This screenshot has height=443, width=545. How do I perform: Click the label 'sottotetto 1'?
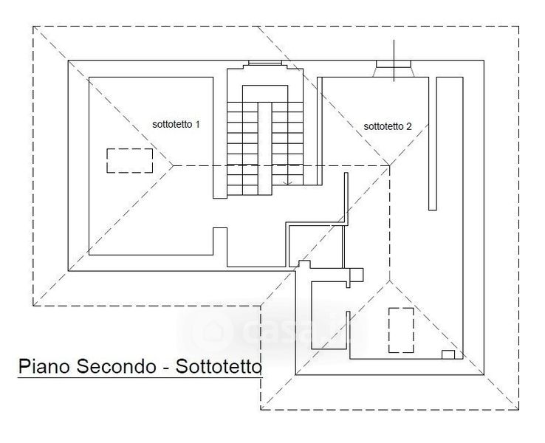176,125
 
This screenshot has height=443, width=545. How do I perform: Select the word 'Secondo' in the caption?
118,366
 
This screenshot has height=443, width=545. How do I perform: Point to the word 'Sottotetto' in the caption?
219,366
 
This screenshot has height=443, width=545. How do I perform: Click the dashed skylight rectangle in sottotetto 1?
130,160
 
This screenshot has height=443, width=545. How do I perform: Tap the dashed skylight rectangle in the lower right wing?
402,329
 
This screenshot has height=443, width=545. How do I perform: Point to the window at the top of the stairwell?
265,63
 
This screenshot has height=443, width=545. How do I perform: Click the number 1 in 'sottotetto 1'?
199,125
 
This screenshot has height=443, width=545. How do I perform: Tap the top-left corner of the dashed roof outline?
34,28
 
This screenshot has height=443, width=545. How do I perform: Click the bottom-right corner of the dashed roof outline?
518,409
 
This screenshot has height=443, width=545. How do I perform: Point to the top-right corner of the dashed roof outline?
518,28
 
